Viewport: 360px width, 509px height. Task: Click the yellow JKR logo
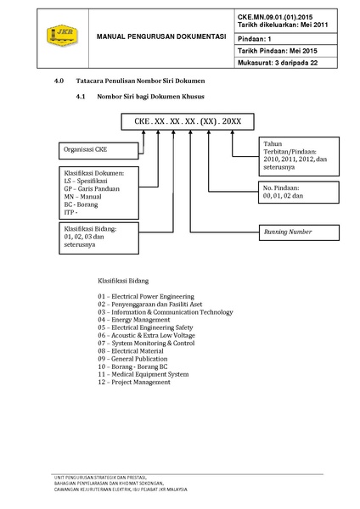[62, 36]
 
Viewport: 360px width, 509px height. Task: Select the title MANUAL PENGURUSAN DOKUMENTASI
[161, 36]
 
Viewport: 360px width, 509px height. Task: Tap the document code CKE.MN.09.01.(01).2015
[275, 17]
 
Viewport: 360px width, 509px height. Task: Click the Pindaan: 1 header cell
[286, 39]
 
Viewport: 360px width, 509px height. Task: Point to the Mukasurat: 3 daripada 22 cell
[286, 63]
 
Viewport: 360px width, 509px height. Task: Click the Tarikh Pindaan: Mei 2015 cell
[286, 51]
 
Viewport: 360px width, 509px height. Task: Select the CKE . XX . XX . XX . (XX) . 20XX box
[188, 121]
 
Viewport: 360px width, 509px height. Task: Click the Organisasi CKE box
[98, 151]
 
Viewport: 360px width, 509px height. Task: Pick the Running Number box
[299, 232]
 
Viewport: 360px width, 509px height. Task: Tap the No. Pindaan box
[299, 193]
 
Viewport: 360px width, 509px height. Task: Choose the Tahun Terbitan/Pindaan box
[299, 156]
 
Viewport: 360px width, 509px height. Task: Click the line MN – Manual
[82, 197]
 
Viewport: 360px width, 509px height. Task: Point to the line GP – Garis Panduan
[92, 189]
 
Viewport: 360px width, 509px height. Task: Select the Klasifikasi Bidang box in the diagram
[98, 238]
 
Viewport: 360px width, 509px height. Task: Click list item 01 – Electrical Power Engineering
[146, 296]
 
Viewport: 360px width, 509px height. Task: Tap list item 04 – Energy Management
[134, 320]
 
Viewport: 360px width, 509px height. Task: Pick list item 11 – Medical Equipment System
[143, 374]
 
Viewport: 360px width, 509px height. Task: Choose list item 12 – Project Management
[134, 382]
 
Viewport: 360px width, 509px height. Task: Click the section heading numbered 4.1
[140, 97]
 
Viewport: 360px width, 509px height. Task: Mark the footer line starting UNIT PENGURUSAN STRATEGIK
[100, 478]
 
